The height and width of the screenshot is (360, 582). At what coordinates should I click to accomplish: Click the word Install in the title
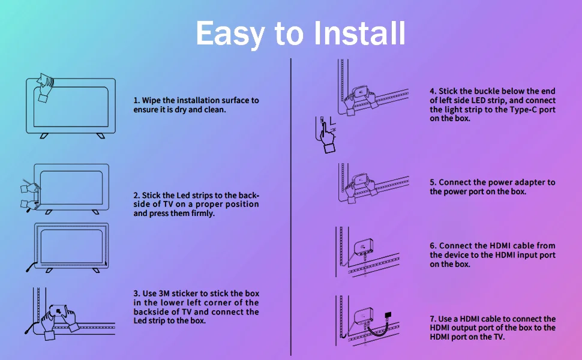click(359, 33)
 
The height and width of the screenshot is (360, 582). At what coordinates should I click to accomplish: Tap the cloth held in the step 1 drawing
click(44, 79)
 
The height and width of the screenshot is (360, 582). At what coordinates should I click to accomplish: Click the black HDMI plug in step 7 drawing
click(388, 315)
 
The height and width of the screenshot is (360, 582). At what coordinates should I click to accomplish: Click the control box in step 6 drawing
click(364, 247)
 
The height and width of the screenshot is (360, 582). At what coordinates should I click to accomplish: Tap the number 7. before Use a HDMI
click(433, 319)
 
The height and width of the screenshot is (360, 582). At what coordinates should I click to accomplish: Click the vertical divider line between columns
click(291, 207)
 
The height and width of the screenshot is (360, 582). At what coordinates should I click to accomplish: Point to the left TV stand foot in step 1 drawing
click(44, 136)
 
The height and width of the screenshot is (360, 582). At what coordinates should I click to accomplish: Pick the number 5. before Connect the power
click(433, 182)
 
